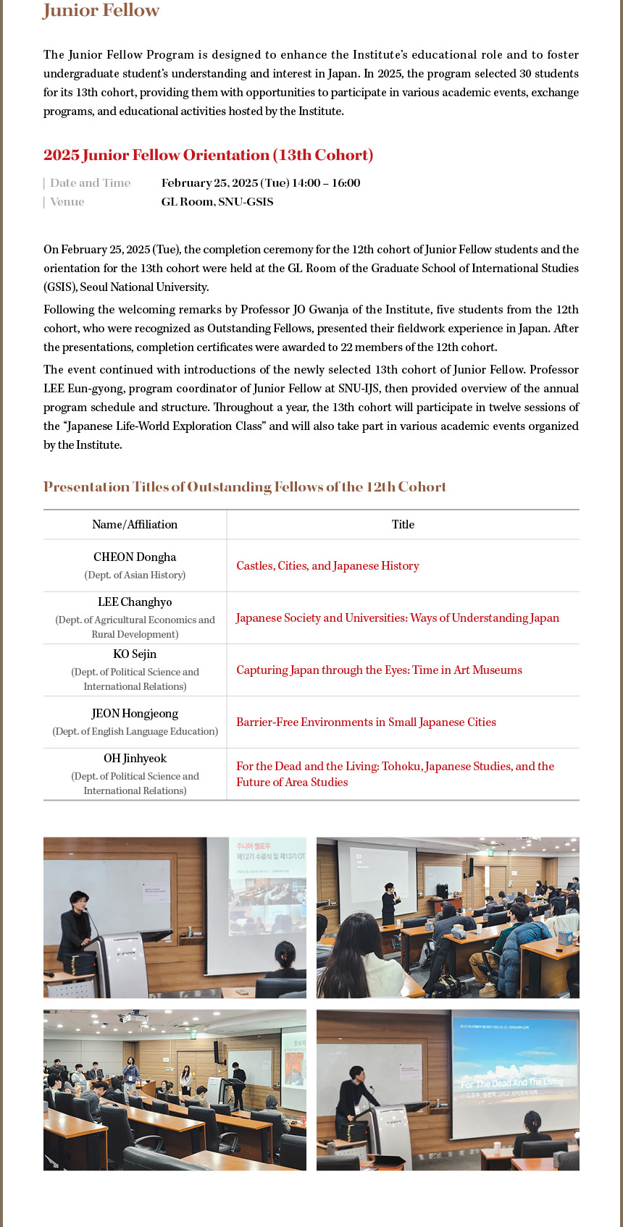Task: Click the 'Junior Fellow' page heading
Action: pyautogui.click(x=101, y=11)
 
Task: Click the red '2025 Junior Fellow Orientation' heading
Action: pyautogui.click(x=208, y=155)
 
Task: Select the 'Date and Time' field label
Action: pyautogui.click(x=91, y=183)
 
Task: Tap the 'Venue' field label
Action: pyautogui.click(x=67, y=202)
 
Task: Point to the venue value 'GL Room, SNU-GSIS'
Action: pyautogui.click(x=217, y=202)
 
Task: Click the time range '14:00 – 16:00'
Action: pyautogui.click(x=326, y=183)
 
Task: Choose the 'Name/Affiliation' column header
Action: pyautogui.click(x=135, y=525)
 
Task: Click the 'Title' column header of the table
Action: pyautogui.click(x=403, y=525)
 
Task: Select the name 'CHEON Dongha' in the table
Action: pyautogui.click(x=135, y=557)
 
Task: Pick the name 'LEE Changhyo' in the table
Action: pyautogui.click(x=135, y=602)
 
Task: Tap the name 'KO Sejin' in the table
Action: pyautogui.click(x=135, y=654)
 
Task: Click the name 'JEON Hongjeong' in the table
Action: pyautogui.click(x=135, y=714)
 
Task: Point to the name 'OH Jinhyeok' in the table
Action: pyautogui.click(x=135, y=759)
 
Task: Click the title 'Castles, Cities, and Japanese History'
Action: pyautogui.click(x=327, y=566)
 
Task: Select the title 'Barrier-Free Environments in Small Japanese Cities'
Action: pyautogui.click(x=366, y=722)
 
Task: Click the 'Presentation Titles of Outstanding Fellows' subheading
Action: pyautogui.click(x=245, y=487)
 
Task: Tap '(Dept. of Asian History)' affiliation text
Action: pyautogui.click(x=135, y=575)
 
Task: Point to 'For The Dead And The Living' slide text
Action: pyautogui.click(x=511, y=1082)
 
